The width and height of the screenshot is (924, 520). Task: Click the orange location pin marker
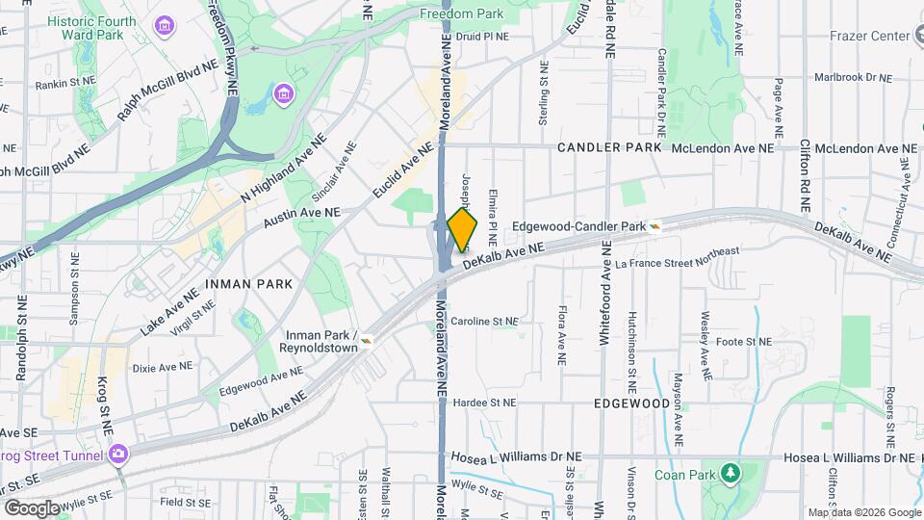coord(462,229)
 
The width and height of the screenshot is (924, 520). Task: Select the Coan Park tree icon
coord(731,473)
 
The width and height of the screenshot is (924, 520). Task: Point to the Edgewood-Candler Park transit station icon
coord(654,226)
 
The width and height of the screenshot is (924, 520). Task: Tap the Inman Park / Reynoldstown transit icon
coord(367,338)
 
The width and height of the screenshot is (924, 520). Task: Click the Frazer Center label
coord(869,36)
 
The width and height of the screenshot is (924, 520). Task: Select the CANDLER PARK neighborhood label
coord(610,148)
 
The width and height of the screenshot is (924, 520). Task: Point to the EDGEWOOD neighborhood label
coord(631,403)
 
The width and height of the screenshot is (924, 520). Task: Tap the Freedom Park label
coord(461,14)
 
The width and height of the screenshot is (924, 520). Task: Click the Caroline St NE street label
coord(485,322)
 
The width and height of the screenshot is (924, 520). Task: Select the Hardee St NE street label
coord(485,403)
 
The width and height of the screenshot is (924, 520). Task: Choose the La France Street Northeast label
coord(678,257)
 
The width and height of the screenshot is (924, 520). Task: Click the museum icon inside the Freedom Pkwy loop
coord(284,93)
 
